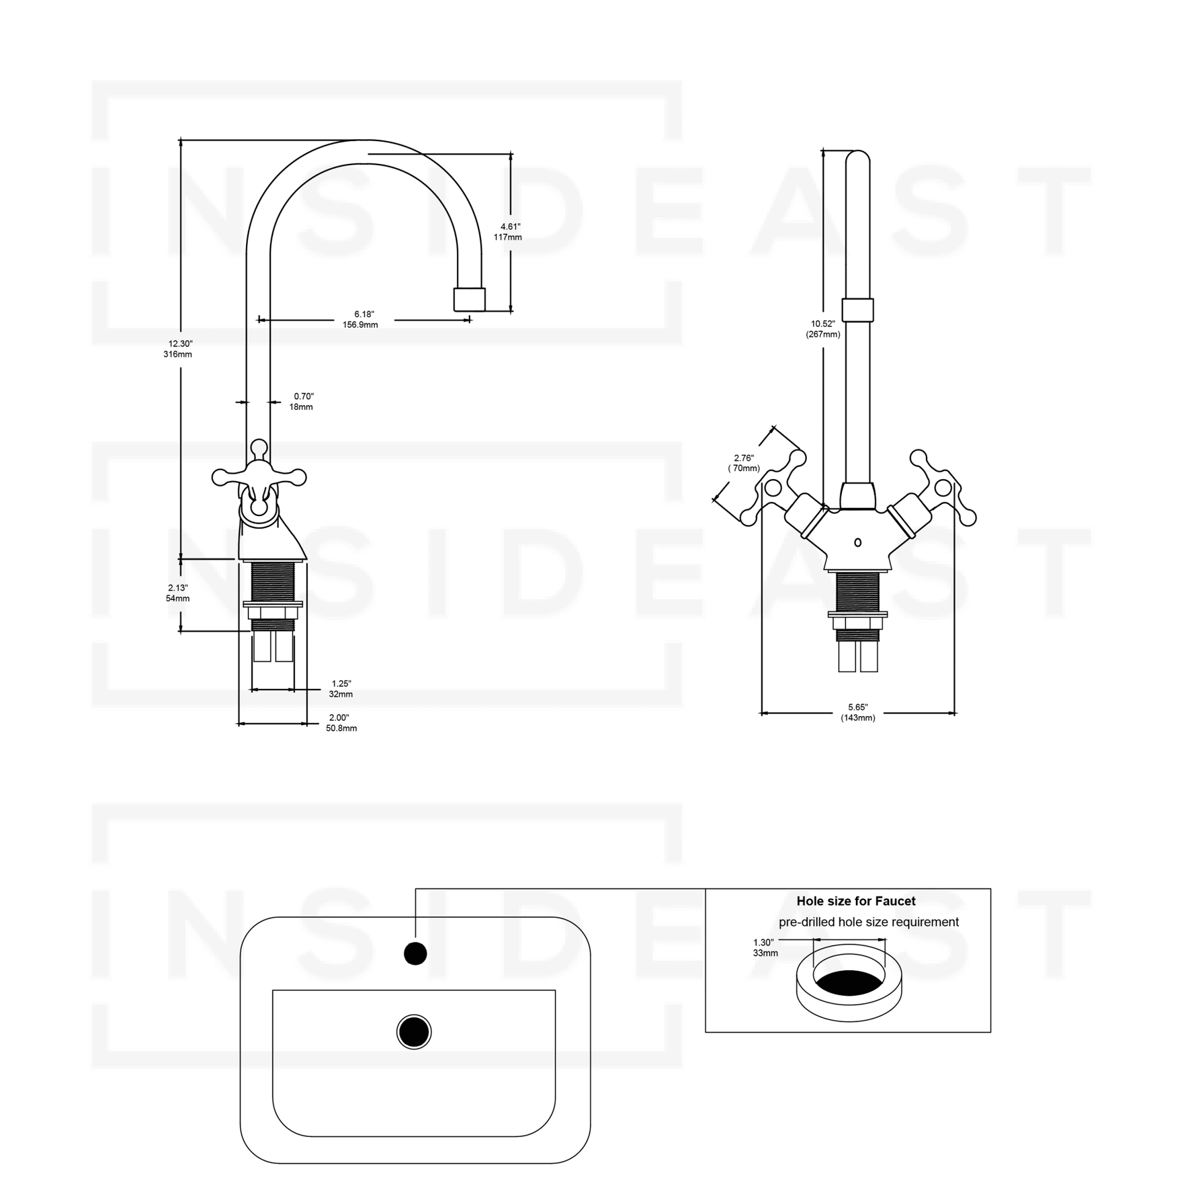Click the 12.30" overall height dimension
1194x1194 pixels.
[x=178, y=349]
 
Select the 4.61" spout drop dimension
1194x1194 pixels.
[x=508, y=232]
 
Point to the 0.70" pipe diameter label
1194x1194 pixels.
[x=302, y=402]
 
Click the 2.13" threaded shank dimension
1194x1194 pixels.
[x=178, y=593]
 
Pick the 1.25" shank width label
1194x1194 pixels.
[x=341, y=689]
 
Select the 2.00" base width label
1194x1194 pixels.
[x=341, y=723]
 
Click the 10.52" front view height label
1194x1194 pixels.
[x=823, y=329]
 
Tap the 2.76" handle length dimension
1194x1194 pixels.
[x=744, y=463]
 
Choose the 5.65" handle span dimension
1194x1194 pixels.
[x=858, y=712]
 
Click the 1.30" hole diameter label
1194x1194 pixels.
[x=765, y=947]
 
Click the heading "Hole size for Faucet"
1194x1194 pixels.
[x=856, y=901]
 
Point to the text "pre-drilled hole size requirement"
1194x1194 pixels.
[x=868, y=922]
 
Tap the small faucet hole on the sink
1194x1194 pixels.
[x=415, y=953]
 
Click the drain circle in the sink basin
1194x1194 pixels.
[x=414, y=1032]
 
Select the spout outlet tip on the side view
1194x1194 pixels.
[x=469, y=299]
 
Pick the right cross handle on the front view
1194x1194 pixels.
[x=942, y=488]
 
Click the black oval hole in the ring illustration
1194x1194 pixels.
[x=849, y=982]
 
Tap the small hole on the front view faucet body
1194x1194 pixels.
[x=857, y=542]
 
